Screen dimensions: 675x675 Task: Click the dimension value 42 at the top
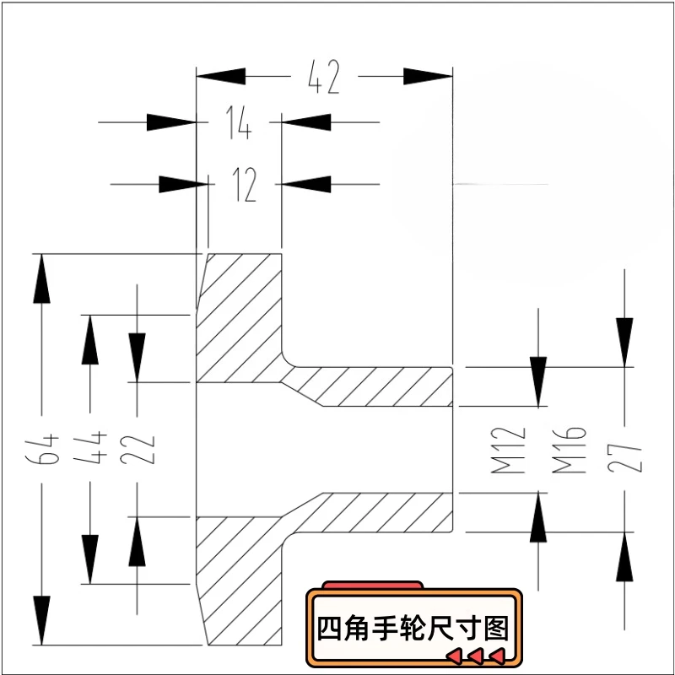[324, 78]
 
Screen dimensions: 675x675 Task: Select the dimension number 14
[239, 123]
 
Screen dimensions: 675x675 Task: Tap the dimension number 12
[245, 184]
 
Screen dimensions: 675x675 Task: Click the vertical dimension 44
[91, 447]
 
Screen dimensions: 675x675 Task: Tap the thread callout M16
[570, 449]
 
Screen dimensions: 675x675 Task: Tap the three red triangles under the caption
[475, 656]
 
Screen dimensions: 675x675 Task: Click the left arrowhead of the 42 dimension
[221, 78]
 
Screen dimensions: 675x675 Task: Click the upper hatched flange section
[240, 316]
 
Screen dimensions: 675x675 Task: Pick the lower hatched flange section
[240, 582]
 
